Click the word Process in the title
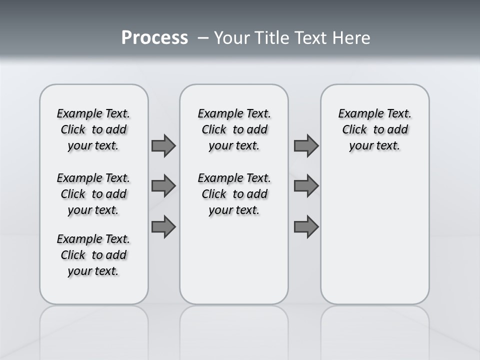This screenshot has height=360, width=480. (x=154, y=37)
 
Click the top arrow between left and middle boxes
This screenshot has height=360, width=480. (x=163, y=145)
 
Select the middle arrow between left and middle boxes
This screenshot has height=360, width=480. (x=163, y=186)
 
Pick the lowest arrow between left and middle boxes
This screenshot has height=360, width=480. (x=163, y=227)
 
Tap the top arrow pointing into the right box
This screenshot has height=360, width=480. (x=306, y=145)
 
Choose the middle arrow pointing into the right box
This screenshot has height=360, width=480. (x=306, y=186)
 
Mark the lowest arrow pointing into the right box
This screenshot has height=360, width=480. (x=306, y=227)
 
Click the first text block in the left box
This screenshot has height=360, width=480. (x=93, y=129)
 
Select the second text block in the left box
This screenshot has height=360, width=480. (x=93, y=194)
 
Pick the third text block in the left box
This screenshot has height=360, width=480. (x=93, y=255)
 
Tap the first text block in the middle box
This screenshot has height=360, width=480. (x=234, y=129)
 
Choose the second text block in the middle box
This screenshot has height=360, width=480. (x=234, y=194)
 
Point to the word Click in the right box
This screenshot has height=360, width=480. (x=354, y=130)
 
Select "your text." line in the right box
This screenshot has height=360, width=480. (x=374, y=146)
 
